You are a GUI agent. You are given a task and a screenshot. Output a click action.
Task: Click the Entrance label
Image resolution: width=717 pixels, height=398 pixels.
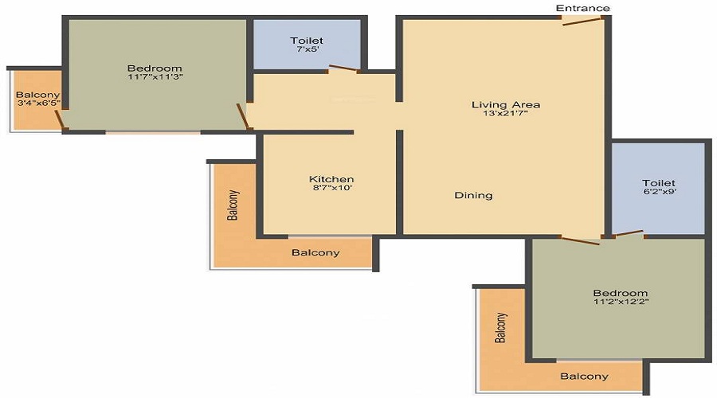(x=582, y=8)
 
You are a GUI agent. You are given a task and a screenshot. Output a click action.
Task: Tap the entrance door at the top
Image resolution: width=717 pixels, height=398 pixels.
(x=581, y=21)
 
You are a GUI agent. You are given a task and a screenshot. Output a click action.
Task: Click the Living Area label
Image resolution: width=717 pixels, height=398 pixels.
(x=506, y=104)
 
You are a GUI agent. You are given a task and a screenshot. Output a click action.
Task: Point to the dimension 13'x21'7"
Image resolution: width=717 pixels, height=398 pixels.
(x=506, y=113)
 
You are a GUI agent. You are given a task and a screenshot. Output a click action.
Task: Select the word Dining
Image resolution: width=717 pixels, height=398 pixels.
(x=473, y=195)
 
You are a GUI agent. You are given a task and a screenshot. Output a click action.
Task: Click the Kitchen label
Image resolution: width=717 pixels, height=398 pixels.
(x=331, y=179)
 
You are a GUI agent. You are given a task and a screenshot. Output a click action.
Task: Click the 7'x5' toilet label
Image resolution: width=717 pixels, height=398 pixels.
(x=307, y=49)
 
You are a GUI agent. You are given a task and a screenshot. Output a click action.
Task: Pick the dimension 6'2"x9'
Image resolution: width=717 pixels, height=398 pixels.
(x=660, y=192)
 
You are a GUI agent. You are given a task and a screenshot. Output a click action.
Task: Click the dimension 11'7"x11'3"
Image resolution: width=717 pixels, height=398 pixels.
(x=155, y=76)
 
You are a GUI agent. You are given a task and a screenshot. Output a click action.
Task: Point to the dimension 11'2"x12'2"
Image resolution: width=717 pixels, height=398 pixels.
(x=621, y=301)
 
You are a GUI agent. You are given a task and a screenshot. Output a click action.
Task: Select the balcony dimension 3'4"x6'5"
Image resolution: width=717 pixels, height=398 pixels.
(x=38, y=103)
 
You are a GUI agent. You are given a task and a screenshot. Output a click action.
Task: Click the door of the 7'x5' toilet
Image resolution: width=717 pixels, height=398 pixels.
(x=343, y=69)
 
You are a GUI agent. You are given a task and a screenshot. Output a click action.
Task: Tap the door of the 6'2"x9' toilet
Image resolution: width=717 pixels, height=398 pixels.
(x=629, y=234)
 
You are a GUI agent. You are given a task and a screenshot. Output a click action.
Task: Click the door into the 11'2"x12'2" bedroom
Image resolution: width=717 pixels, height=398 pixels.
(x=580, y=241)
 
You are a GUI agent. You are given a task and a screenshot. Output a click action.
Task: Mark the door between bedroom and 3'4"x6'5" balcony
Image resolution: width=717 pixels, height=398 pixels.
(x=60, y=119)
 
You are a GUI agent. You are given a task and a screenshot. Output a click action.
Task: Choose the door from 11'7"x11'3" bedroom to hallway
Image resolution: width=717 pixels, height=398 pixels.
(x=242, y=116)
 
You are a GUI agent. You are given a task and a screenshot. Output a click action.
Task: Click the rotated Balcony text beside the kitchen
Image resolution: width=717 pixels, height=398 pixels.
(x=233, y=205)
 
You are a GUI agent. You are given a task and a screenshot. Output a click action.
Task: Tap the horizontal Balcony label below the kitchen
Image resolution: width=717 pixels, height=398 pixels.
(x=315, y=252)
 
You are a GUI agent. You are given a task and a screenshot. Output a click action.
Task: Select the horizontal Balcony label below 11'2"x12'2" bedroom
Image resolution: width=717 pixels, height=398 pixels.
(x=585, y=377)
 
